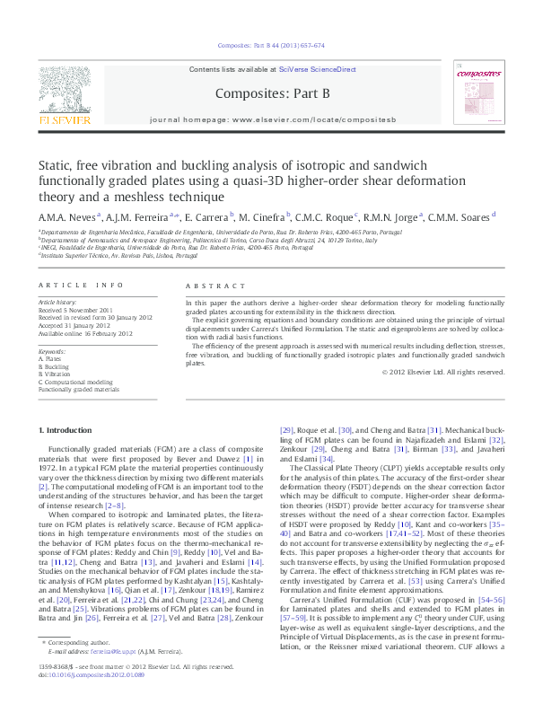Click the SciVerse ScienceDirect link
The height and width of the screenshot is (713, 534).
pyautogui.click(x=317, y=69)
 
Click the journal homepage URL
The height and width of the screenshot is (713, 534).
pyautogui.click(x=328, y=119)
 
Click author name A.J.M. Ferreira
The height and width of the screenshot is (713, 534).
pyautogui.click(x=135, y=217)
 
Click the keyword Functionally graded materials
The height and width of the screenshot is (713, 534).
pyautogui.click(x=78, y=391)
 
